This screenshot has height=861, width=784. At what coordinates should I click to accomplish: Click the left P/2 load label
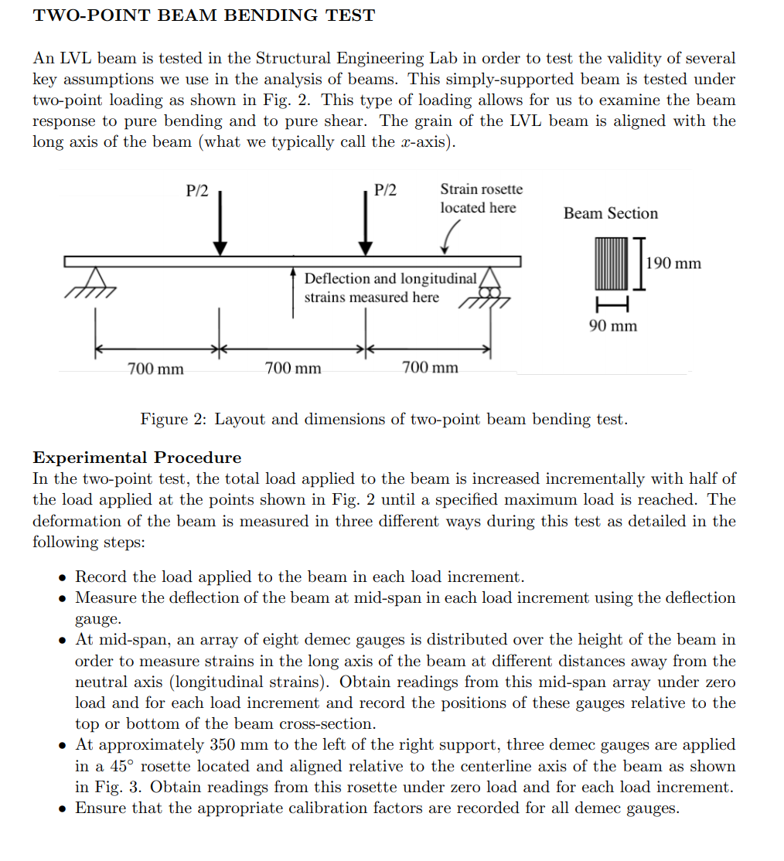[x=198, y=191]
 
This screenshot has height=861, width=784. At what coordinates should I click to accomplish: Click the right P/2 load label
[x=385, y=191]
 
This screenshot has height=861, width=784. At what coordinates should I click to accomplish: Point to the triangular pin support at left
[x=95, y=278]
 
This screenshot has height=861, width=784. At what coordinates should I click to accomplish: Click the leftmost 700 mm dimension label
[x=155, y=369]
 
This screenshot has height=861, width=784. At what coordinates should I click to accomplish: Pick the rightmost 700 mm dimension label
[x=430, y=368]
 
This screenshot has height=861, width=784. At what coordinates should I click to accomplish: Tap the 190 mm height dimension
[x=673, y=264]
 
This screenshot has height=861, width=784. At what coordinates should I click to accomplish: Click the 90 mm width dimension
[x=613, y=325]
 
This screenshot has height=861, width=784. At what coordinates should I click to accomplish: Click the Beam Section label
[x=610, y=213]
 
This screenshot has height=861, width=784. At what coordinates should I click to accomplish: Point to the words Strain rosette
[x=481, y=189]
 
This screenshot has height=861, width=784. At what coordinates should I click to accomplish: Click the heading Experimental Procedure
[x=137, y=458]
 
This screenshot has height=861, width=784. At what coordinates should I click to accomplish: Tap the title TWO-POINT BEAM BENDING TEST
[x=204, y=15]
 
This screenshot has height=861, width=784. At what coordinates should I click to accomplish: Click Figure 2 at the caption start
[x=174, y=420]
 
